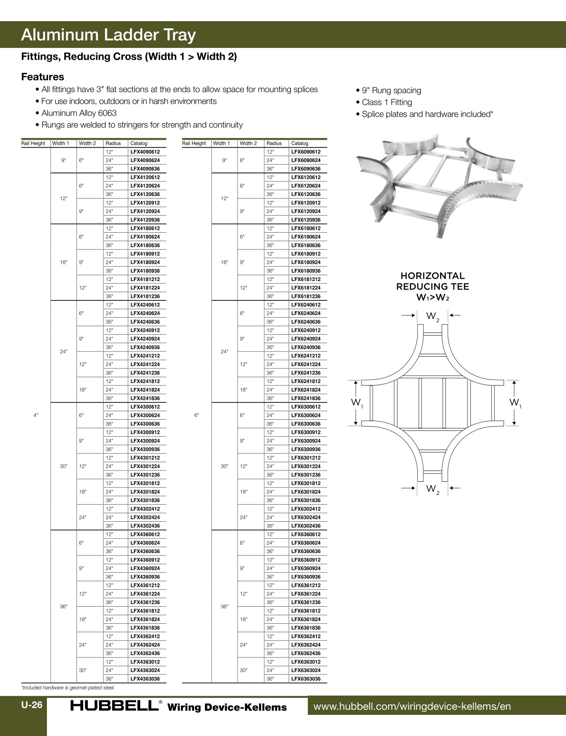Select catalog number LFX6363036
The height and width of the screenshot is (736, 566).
[306, 679]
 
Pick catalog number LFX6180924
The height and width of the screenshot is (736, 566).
[306, 262]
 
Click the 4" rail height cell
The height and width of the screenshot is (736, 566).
[36, 415]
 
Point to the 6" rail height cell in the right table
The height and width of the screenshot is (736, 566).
[197, 415]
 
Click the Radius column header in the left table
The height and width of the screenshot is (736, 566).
[113, 143]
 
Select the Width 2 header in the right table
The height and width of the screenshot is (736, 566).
[248, 143]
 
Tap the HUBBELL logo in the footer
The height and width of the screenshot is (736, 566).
[114, 706]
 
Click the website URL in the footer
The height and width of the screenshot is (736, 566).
[412, 706]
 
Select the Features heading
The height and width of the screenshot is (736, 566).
[43, 77]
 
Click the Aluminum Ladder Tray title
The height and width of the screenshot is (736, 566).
[108, 35]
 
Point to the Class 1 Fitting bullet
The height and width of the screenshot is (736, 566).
[387, 102]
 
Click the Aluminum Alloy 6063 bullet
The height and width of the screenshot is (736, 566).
[79, 113]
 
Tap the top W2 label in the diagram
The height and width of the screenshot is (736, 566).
[433, 317]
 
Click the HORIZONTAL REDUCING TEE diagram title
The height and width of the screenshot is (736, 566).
[432, 286]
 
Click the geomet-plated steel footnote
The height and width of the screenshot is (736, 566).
[68, 688]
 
